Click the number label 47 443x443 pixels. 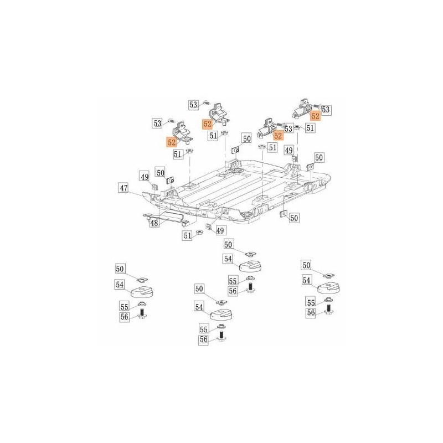123,189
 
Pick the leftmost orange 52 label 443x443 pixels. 172,142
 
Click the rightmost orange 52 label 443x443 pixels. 315,116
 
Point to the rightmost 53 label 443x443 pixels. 326,110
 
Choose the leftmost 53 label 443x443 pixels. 158,122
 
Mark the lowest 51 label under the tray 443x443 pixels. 189,236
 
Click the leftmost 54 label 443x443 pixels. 120,284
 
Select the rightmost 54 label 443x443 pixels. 307,281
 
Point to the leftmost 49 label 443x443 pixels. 144,177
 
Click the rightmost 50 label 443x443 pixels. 318,158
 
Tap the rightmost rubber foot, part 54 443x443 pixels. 329,287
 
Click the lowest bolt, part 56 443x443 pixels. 221,336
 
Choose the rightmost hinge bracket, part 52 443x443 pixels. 303,107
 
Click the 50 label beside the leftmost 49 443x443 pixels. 160,172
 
